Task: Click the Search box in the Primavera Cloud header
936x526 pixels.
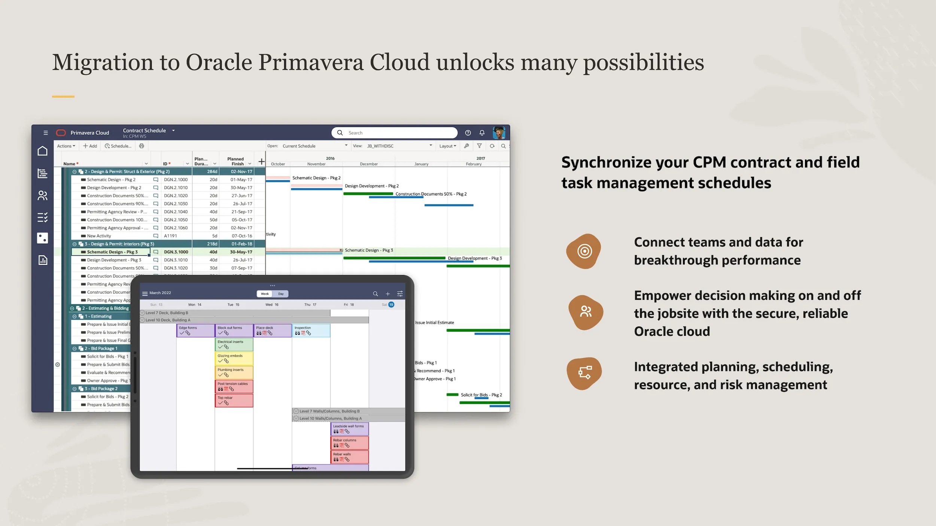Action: click(397, 133)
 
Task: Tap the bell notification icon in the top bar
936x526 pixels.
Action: click(482, 133)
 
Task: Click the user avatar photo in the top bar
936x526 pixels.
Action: click(499, 133)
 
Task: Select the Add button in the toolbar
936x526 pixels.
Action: click(90, 146)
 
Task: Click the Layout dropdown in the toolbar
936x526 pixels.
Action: click(447, 146)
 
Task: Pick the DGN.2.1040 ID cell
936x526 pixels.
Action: click(176, 212)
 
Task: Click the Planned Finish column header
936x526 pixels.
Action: click(235, 161)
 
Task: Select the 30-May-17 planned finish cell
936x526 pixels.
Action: click(241, 188)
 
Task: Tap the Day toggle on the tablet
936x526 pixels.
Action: click(281, 294)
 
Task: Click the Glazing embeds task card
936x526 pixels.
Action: click(234, 358)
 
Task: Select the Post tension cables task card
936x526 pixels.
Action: click(234, 386)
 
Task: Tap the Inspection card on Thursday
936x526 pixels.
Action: click(311, 330)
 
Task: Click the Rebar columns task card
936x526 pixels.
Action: click(349, 443)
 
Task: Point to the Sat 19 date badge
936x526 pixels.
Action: click(391, 305)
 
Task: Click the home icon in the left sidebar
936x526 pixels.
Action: click(43, 151)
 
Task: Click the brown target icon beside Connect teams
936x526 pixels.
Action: click(584, 251)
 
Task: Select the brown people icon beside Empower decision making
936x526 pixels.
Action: click(586, 311)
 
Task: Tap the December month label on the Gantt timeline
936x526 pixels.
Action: click(368, 164)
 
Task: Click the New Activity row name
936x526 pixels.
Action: click(99, 236)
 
